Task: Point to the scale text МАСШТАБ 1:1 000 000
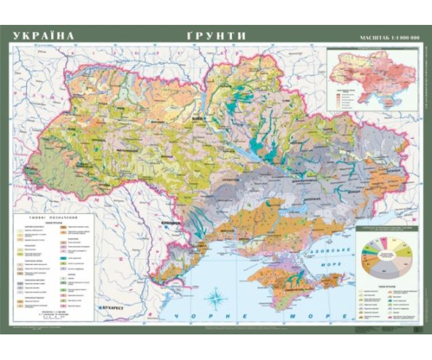(385, 38)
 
